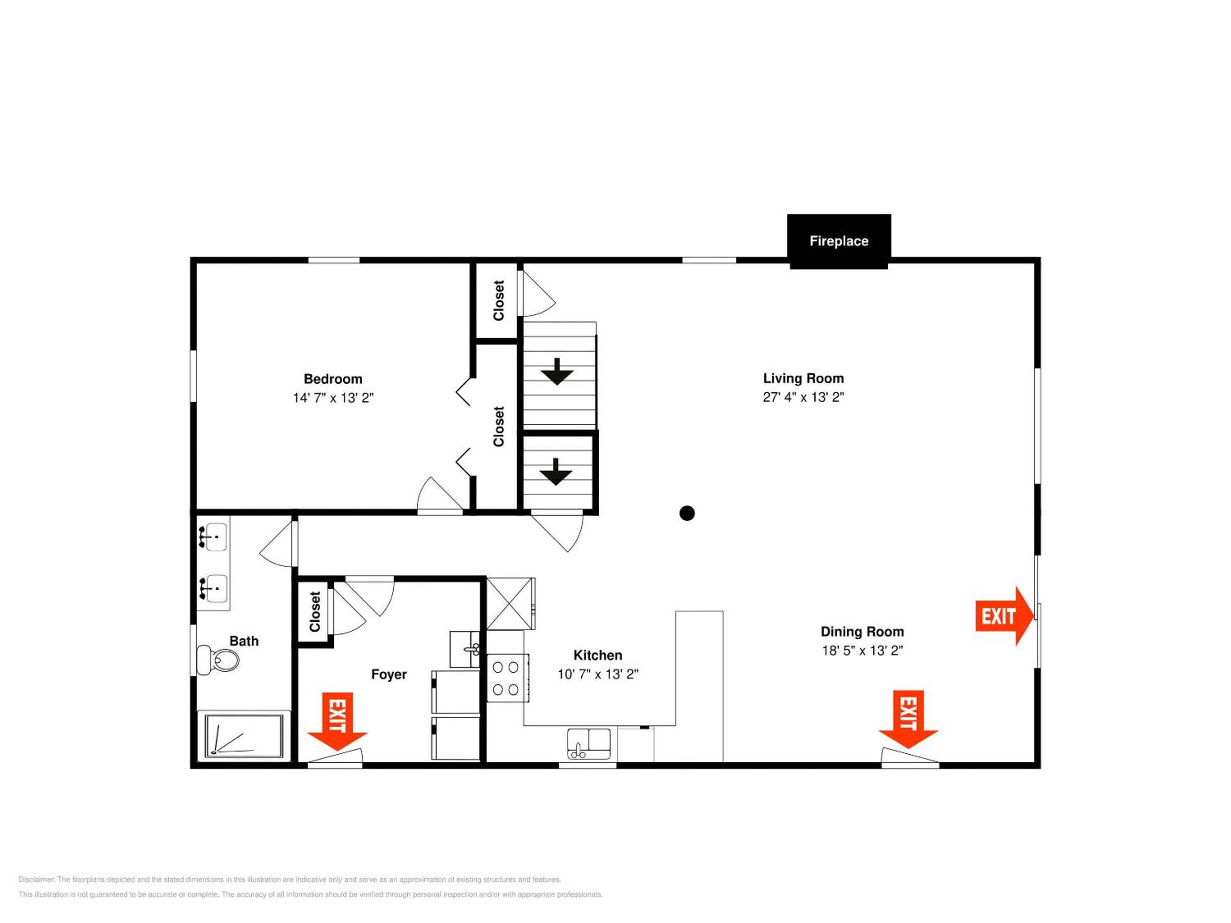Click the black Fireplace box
click(x=839, y=241)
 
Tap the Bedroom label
click(x=333, y=379)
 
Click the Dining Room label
click(x=862, y=632)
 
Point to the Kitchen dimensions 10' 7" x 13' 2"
click(x=598, y=674)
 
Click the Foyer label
click(x=389, y=674)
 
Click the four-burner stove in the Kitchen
click(x=507, y=678)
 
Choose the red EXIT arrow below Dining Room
click(x=908, y=719)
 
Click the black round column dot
click(x=687, y=513)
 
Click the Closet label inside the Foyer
click(x=315, y=611)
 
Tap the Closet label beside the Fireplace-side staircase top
click(x=498, y=300)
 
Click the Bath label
click(x=244, y=641)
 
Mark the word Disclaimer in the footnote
click(x=37, y=879)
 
